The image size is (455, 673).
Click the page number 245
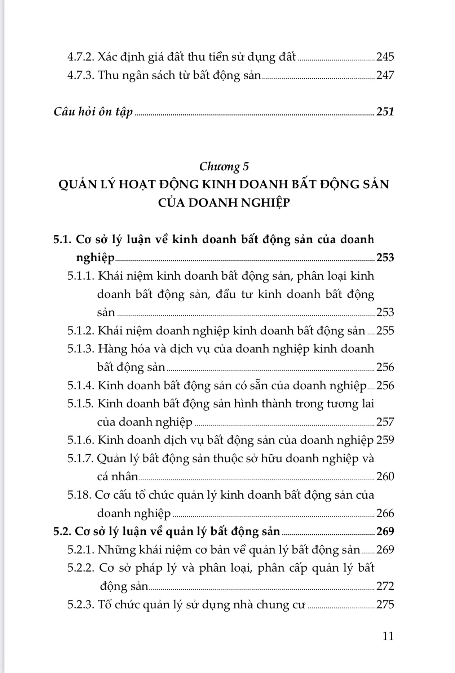(385, 57)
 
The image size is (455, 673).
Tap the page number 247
(385, 75)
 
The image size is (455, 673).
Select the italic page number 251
(385, 112)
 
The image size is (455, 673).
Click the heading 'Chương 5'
(224, 166)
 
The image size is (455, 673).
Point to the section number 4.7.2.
(81, 57)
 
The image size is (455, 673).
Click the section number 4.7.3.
(81, 75)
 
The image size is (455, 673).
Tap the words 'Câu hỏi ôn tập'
(93, 112)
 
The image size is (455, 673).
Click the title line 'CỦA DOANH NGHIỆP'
(224, 203)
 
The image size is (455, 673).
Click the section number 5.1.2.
(81, 331)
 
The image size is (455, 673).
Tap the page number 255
(385, 331)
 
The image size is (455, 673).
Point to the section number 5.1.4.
(81, 385)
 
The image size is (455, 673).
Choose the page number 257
(385, 422)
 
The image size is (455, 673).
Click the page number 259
(385, 440)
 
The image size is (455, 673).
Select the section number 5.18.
(79, 495)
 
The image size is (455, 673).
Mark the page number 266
(385, 513)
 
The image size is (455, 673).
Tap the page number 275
(385, 604)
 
